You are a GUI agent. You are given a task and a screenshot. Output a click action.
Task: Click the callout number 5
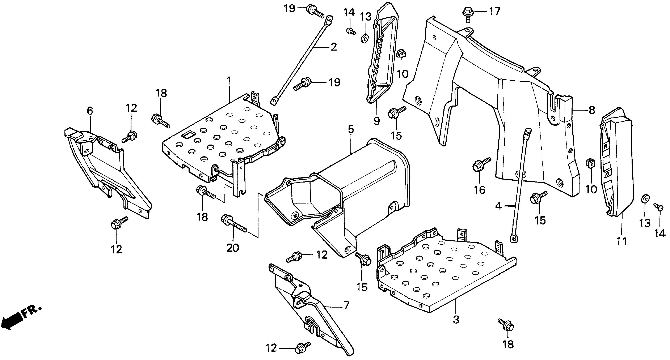351,129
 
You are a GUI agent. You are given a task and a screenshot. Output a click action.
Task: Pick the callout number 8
592,110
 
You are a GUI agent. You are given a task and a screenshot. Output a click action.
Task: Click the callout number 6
90,111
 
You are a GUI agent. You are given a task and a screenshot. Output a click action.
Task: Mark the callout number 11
622,241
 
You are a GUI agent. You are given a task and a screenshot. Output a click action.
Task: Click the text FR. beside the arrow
31,312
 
